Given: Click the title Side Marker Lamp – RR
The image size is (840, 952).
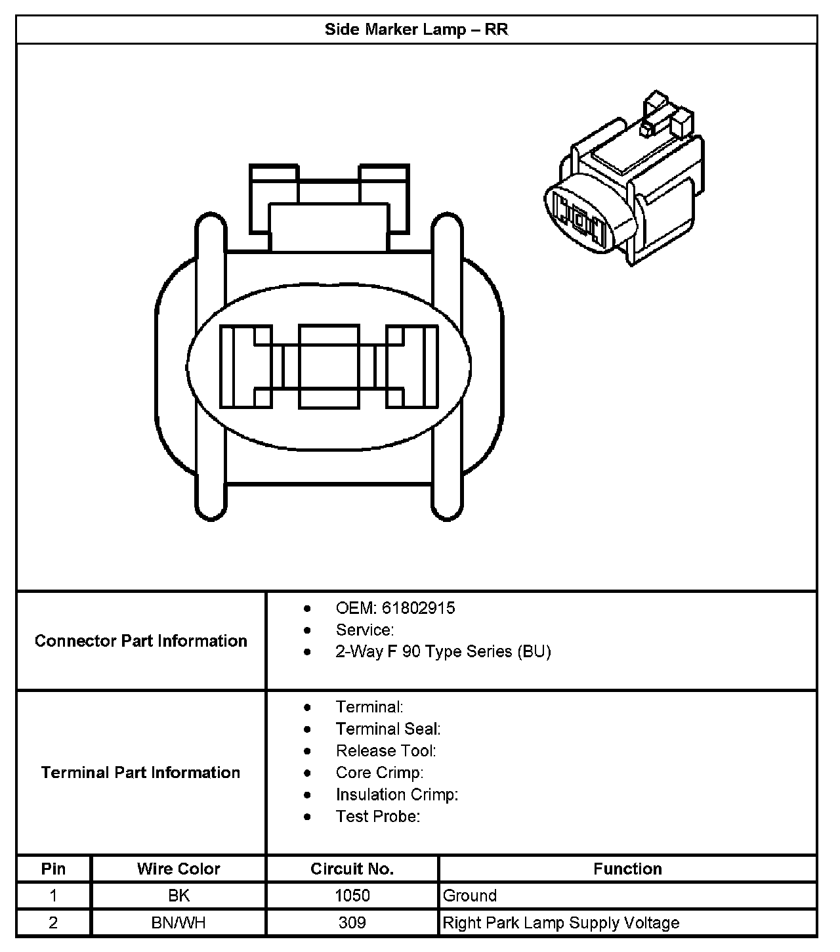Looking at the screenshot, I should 416,30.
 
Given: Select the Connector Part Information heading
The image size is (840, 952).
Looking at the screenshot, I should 141,641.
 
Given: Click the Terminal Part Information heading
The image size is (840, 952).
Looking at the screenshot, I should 141,772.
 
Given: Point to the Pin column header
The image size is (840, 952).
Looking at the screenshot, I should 53,869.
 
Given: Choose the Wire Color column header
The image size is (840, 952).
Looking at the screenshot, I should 178,869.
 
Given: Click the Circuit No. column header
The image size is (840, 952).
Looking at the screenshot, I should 352,869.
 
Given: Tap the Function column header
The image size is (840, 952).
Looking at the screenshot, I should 627,869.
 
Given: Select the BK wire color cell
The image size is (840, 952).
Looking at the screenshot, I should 178,896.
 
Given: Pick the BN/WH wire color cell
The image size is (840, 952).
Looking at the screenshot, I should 178,922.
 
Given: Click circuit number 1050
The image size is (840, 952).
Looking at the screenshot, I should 352,896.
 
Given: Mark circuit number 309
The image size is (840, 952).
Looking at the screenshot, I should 352,922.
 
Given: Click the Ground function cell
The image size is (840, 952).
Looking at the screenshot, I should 470,896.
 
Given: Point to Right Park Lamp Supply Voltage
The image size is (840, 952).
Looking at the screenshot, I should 561,922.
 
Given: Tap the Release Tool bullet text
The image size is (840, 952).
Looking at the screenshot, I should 386,750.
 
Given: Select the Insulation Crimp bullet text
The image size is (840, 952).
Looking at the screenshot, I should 397,794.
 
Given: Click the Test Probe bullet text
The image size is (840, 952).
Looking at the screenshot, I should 378,816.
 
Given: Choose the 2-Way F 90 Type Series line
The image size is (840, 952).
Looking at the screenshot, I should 443,651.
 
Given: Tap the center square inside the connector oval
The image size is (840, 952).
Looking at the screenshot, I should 329,366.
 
